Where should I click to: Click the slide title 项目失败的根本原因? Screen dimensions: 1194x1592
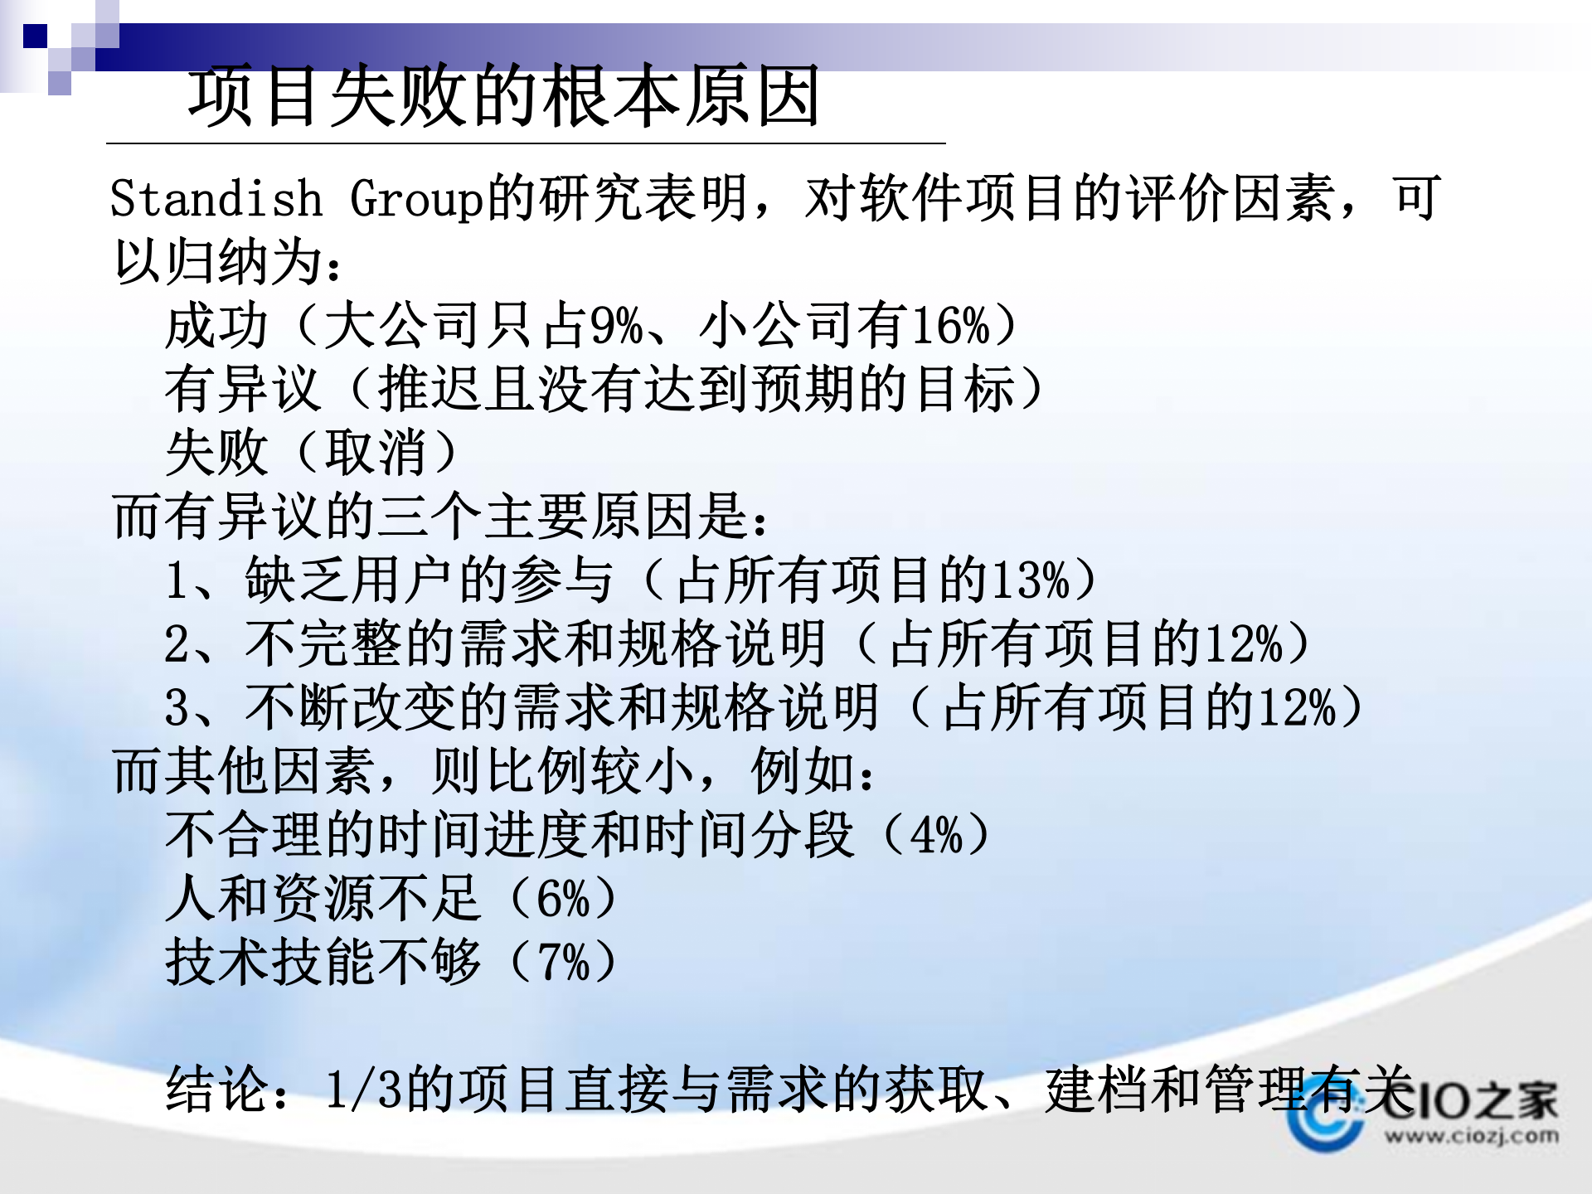[504, 97]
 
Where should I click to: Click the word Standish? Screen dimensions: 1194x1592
[216, 200]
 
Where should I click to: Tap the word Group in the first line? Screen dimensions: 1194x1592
[416, 200]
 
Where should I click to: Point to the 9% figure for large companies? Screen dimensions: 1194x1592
[615, 326]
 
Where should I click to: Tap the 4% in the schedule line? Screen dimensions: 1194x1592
[936, 835]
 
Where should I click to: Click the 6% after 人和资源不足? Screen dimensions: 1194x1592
[563, 899]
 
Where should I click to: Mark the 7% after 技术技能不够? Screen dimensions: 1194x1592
[563, 963]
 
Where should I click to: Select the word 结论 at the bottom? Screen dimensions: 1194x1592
[217, 1090]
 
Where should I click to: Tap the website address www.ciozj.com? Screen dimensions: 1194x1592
[1471, 1135]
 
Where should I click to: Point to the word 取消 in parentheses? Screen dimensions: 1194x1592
[376, 454]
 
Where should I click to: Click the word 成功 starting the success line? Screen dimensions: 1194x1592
[217, 326]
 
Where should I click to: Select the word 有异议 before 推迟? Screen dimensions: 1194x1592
[243, 390]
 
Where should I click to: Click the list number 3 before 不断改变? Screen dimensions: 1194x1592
[177, 708]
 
